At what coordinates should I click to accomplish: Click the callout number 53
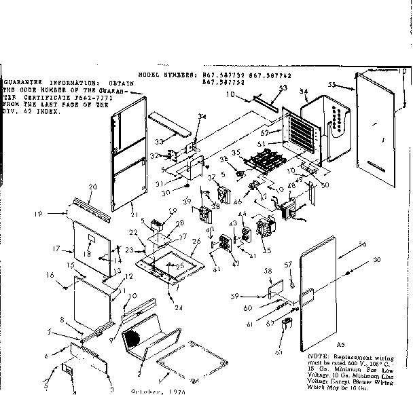(283, 88)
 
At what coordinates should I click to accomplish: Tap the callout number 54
(304, 91)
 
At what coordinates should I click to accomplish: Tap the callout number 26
(196, 242)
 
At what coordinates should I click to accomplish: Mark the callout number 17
(58, 249)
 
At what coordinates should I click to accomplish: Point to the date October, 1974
(149, 391)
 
